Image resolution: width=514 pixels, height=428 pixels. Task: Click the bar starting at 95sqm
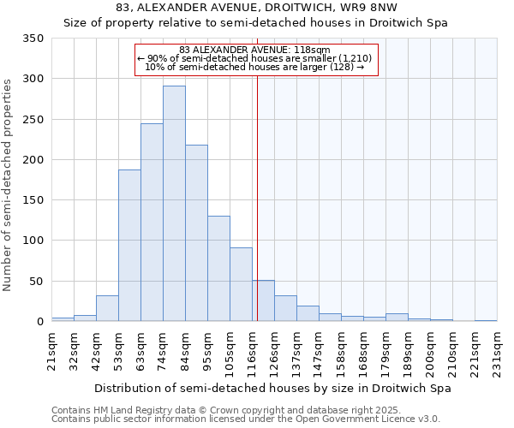pos(218,269)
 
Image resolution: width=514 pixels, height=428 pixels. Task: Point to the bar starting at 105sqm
pos(241,284)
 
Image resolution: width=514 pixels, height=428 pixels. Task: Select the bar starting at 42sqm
pos(107,308)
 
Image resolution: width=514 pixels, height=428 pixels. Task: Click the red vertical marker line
pos(257,197)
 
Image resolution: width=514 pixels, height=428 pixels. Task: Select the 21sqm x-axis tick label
pos(51,348)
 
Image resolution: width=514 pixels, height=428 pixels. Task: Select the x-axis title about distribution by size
pos(272,388)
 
